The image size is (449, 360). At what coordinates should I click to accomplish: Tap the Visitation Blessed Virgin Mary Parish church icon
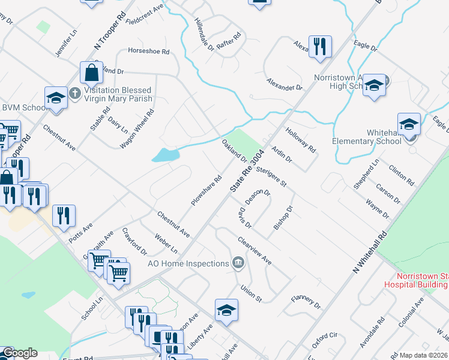click(74, 94)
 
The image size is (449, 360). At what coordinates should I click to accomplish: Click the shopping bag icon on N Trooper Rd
click(92, 73)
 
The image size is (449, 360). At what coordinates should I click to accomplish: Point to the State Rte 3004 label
click(247, 170)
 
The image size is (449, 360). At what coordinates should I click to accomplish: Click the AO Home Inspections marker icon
click(238, 263)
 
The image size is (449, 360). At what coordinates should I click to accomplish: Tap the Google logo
click(19, 353)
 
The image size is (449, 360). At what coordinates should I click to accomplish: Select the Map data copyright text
click(424, 355)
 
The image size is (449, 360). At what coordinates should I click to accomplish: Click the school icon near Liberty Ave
click(227, 310)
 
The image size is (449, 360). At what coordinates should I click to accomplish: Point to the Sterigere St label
click(271, 177)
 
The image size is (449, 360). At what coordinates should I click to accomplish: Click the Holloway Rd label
click(301, 139)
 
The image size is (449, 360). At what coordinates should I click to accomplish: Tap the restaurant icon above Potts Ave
click(64, 215)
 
